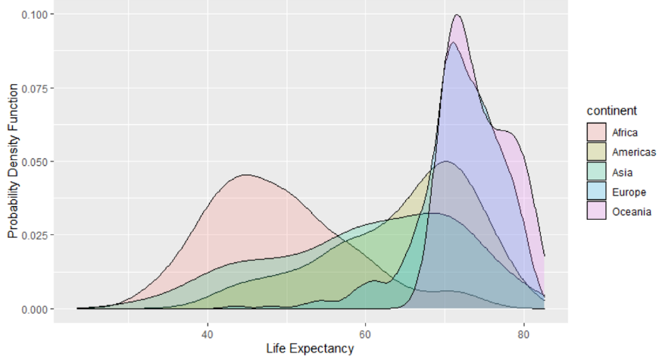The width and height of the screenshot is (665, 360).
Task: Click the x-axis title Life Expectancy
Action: [x=310, y=349]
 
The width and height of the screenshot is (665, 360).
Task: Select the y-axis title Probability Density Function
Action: [x=13, y=161]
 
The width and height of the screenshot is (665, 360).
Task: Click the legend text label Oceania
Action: [x=631, y=211]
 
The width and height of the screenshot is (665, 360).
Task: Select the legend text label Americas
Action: [x=634, y=152]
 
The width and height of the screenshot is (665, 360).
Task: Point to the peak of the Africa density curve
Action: [x=246, y=175]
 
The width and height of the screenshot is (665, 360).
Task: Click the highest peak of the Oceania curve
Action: [x=457, y=15]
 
